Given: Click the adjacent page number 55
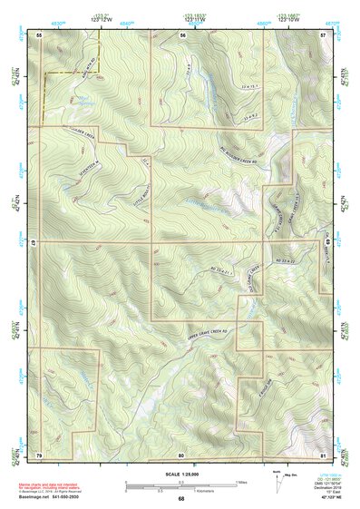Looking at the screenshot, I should (39, 34).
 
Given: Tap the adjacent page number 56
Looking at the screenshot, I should (182, 34).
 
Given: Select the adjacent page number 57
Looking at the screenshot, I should (324, 34).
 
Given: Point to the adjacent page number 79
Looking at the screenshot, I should (39, 453).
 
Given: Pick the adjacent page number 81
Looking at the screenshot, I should (324, 453).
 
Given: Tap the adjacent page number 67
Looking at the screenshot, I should (34, 243).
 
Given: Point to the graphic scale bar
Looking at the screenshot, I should (180, 483).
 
